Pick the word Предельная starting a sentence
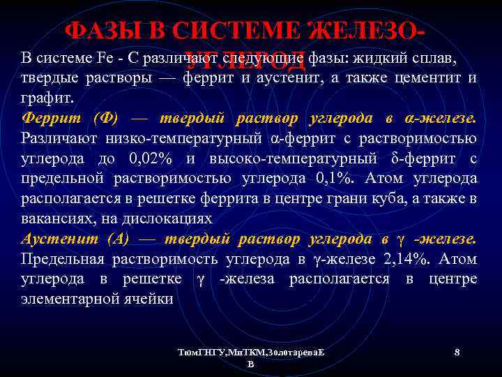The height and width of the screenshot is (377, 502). pos(63,259)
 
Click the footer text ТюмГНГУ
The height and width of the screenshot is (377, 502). pos(199,354)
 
